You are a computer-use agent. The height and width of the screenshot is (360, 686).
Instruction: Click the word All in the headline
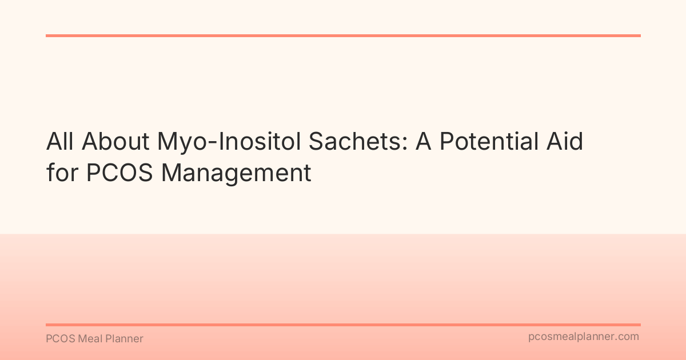click(x=59, y=142)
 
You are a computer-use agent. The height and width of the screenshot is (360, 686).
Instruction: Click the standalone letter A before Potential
click(x=424, y=142)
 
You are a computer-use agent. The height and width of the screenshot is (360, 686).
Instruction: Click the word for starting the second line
click(x=61, y=173)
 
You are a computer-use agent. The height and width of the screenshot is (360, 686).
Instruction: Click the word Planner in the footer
click(x=124, y=339)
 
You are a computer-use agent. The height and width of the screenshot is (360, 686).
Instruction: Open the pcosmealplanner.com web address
click(x=584, y=337)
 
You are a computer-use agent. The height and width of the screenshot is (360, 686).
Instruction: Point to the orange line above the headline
click(x=343, y=35)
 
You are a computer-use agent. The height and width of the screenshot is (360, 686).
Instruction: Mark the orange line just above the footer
click(x=343, y=325)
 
